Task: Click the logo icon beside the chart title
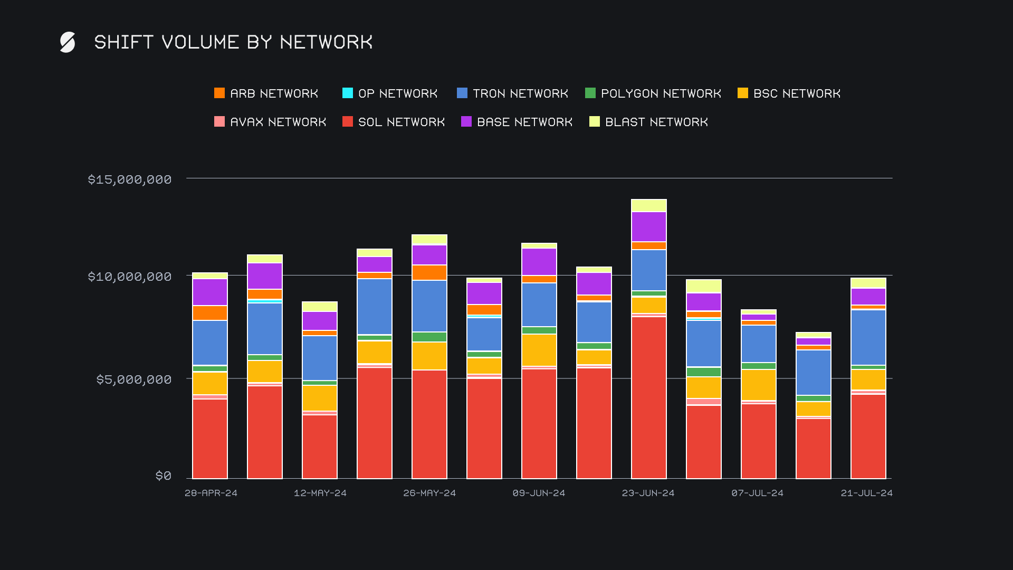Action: pyautogui.click(x=68, y=42)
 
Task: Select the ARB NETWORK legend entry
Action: pyautogui.click(x=266, y=93)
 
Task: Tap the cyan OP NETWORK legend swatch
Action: pyautogui.click(x=348, y=93)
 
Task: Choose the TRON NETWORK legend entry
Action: pyautogui.click(x=512, y=93)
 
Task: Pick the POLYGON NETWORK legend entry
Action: pyautogui.click(x=653, y=93)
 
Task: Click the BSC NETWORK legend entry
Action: pyautogui.click(x=789, y=93)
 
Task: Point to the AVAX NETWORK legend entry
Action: pyautogui.click(x=270, y=122)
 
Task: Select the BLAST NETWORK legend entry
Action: pyautogui.click(x=648, y=122)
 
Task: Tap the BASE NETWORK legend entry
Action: pyautogui.click(x=517, y=122)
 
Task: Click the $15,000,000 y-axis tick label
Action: pyautogui.click(x=130, y=179)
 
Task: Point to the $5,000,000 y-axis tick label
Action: pyautogui.click(x=134, y=379)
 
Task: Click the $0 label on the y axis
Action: pyautogui.click(x=164, y=476)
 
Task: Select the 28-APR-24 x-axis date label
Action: pyautogui.click(x=211, y=493)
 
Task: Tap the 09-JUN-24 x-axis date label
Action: pyautogui.click(x=539, y=493)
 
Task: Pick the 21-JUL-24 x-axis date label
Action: pyautogui.click(x=866, y=493)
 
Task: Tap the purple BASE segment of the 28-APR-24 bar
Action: pyautogui.click(x=210, y=292)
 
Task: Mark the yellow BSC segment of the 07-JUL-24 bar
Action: pyautogui.click(x=759, y=385)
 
